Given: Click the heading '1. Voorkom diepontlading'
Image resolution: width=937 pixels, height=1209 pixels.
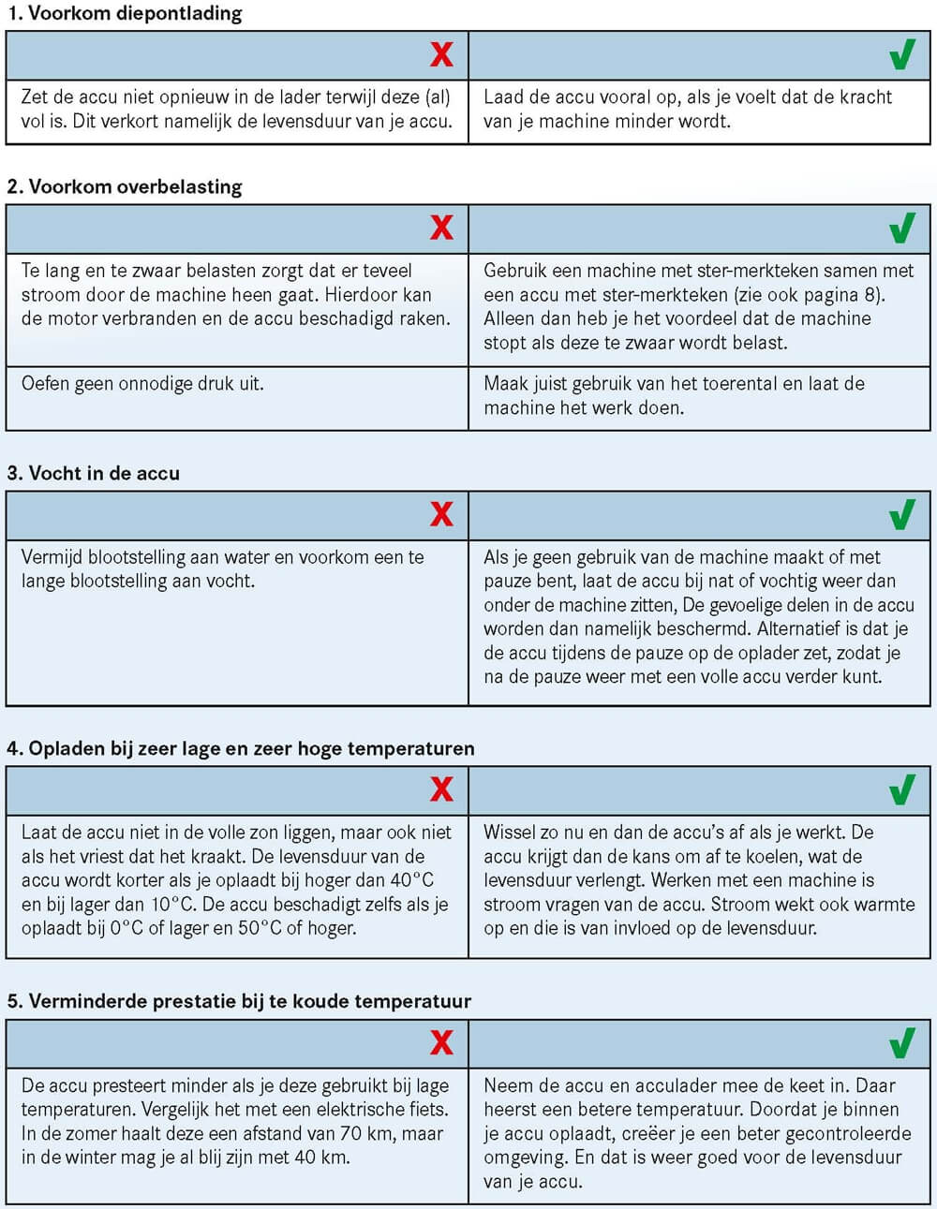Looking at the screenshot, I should pos(124,14).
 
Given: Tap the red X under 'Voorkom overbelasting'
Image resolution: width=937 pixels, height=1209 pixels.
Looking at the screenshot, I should pos(441,228).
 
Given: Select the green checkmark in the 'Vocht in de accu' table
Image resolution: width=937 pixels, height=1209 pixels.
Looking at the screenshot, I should pos(901,514).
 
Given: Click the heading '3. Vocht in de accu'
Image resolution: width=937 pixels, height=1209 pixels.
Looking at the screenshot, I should pos(93,473).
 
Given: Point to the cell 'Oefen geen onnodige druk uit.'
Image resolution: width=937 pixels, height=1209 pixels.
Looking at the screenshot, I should pos(142,383).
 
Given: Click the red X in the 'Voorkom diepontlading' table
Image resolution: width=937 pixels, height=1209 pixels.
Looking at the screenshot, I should pos(441,55).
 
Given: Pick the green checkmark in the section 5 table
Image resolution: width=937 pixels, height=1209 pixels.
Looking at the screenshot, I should pos(901,1042).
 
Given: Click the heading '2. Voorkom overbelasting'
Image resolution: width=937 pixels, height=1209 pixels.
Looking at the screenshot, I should pos(124,186).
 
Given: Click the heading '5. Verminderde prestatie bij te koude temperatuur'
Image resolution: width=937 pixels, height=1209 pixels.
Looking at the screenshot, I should pos(239,1001).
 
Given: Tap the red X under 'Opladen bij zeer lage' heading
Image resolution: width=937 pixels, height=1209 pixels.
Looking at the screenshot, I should pos(441,789).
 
